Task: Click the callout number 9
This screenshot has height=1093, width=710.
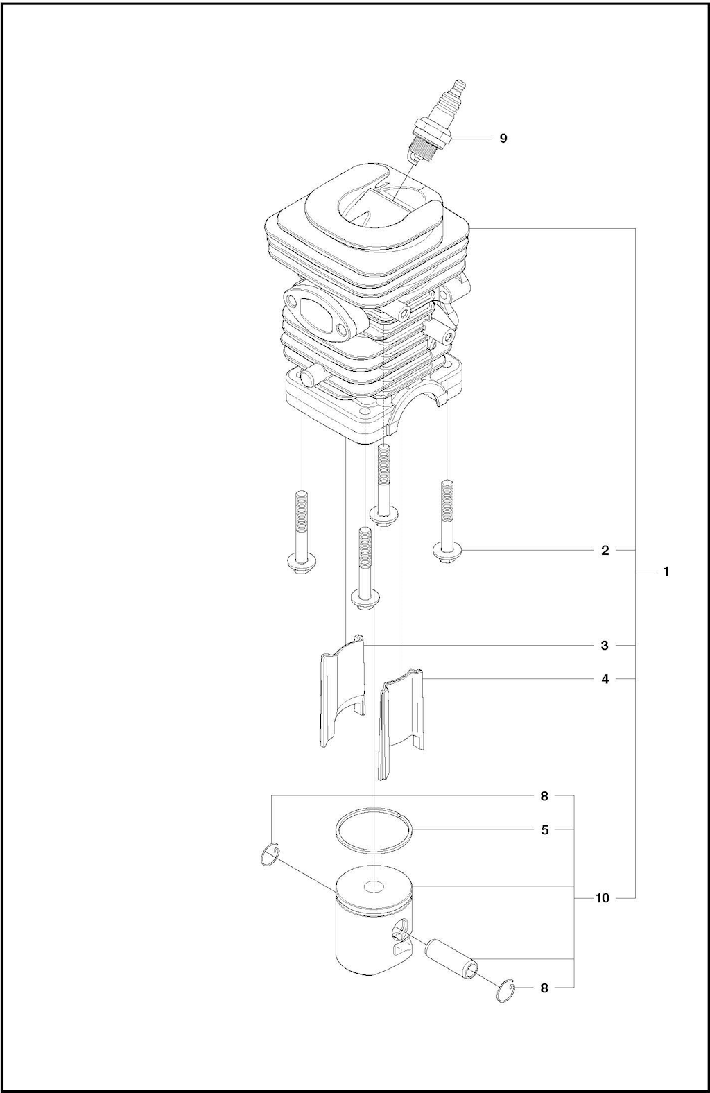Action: click(503, 138)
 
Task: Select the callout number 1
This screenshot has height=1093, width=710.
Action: click(666, 571)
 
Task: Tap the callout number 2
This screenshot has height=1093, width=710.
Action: click(605, 551)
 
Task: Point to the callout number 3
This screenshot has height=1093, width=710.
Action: click(605, 646)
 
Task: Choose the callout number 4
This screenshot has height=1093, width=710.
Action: click(605, 679)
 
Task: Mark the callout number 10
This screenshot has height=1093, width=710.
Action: click(603, 898)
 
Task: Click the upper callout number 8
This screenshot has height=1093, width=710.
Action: click(544, 796)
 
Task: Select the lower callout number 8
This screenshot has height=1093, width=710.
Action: click(544, 988)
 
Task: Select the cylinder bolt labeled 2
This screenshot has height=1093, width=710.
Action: click(447, 521)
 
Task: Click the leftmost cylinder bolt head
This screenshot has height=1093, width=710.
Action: click(299, 565)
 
